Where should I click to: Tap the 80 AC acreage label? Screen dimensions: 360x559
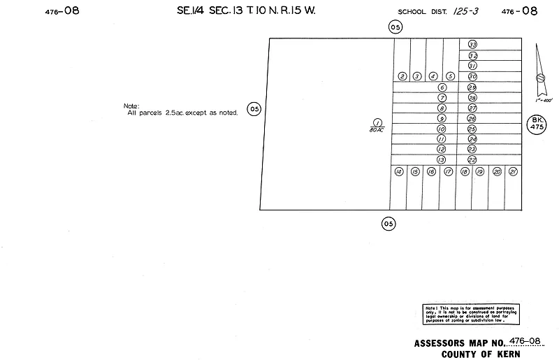point(377,129)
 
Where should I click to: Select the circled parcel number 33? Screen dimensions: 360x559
point(472,45)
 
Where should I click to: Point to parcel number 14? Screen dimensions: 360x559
point(398,172)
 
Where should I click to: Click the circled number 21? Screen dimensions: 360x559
point(514,172)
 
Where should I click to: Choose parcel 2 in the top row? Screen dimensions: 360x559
point(402,76)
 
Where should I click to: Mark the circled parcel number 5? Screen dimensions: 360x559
point(451,76)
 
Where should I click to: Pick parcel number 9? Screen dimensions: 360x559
point(442,119)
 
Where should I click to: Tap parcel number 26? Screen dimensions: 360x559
point(472,119)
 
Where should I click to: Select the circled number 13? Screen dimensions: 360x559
point(442,160)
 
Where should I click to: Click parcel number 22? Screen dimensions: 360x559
point(472,160)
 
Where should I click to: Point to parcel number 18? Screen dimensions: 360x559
point(465,172)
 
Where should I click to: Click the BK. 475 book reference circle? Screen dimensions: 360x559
point(537,125)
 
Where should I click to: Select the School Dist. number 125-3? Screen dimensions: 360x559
point(463,11)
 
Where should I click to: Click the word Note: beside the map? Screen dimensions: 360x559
point(131,106)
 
